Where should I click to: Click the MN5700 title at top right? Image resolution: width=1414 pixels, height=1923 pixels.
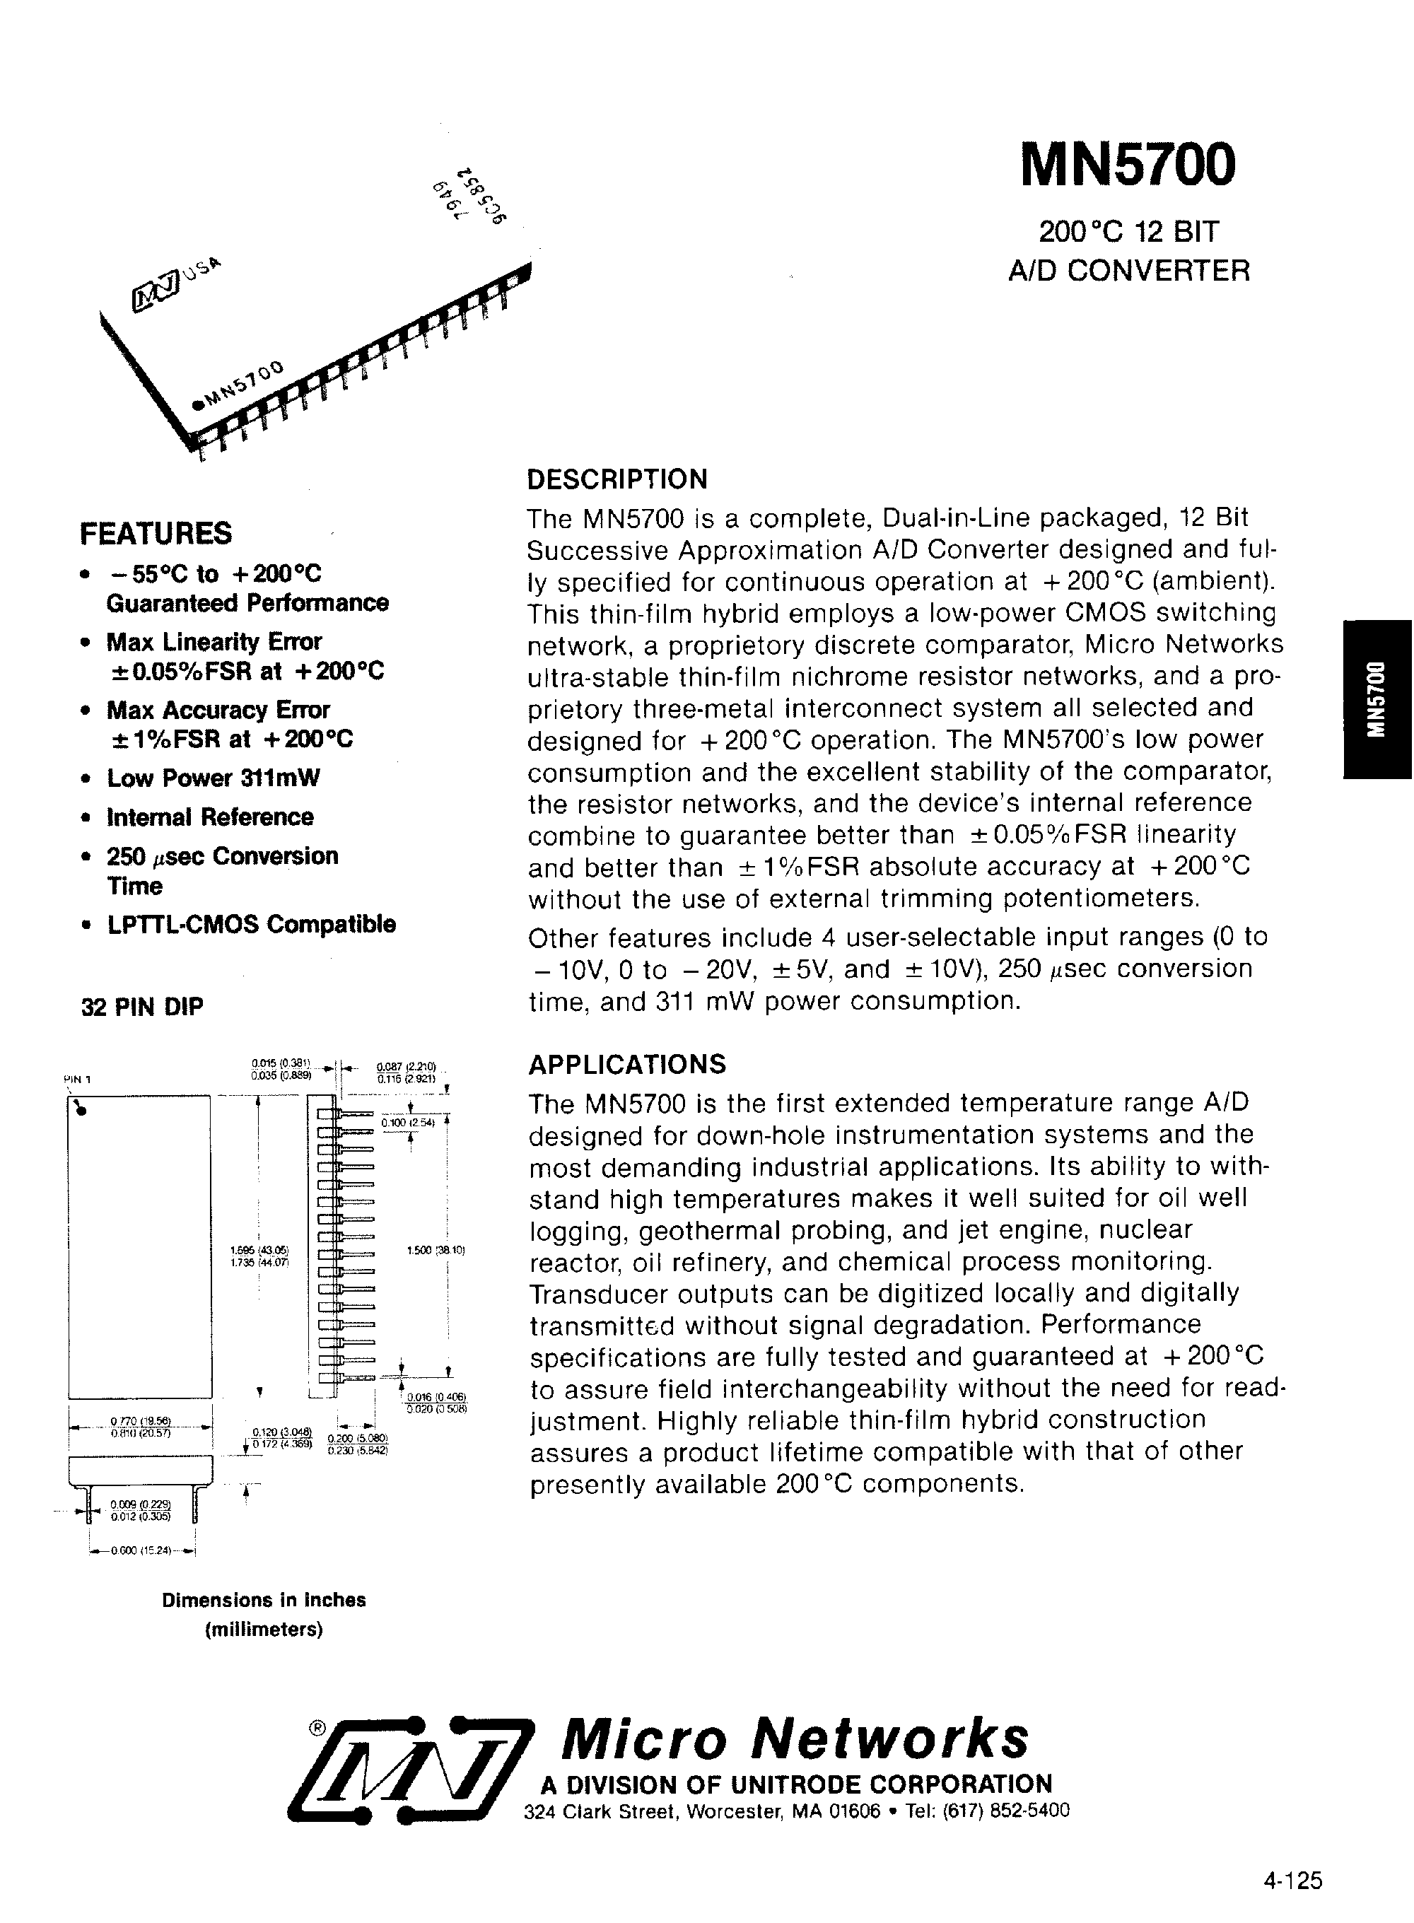[x=1128, y=165]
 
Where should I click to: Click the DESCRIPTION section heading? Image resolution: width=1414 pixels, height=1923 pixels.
[x=617, y=479]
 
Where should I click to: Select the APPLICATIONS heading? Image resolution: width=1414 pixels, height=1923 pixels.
[x=626, y=1064]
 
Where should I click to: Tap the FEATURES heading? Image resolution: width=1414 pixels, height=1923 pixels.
[x=156, y=533]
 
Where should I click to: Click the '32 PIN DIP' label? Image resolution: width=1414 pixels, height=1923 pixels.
[x=142, y=1007]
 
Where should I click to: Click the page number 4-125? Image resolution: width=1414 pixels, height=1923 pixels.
[x=1292, y=1880]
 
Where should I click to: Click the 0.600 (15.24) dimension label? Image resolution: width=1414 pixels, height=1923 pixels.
[x=142, y=1550]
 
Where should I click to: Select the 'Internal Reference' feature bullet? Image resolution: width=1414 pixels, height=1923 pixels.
[x=210, y=817]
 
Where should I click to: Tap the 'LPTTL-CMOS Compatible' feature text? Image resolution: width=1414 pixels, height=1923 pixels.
[x=251, y=924]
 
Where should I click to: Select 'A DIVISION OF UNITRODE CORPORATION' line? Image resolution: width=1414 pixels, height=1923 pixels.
[x=796, y=1784]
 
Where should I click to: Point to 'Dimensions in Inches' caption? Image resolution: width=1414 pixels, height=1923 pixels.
[x=264, y=1599]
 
